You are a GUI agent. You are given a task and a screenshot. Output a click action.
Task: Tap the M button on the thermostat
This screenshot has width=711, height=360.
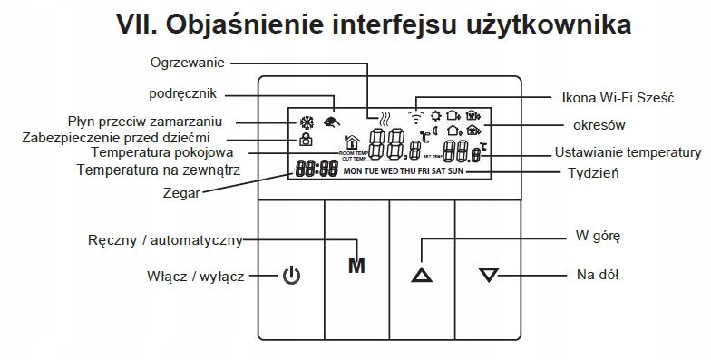click(x=356, y=267)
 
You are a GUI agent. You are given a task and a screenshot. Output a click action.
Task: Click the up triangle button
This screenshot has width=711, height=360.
click(x=422, y=274)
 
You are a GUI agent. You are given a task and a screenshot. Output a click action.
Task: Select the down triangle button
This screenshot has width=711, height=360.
click(x=488, y=274)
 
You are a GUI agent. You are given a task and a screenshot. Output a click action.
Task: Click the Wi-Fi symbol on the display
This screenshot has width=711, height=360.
click(x=416, y=116)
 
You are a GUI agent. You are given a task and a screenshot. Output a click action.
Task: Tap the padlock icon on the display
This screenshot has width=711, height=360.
click(x=306, y=141)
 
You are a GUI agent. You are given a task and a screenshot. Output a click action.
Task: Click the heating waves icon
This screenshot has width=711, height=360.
click(x=385, y=118)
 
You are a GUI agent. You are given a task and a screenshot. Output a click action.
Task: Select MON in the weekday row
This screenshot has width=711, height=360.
click(x=352, y=170)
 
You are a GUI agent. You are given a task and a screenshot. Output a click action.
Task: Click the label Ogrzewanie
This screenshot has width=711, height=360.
click(x=188, y=63)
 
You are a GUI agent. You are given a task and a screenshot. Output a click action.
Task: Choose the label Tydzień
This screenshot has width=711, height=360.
click(x=593, y=172)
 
